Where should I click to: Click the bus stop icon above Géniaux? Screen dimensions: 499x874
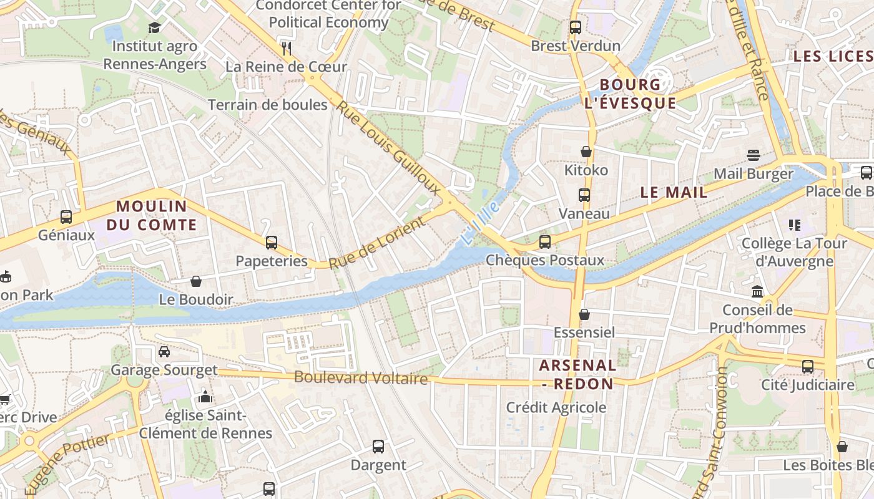pos(66,217)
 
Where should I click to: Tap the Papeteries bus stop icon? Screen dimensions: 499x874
pos(272,243)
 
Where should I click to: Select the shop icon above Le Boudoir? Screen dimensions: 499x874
pos(196,281)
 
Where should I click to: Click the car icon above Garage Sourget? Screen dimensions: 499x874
pos(164,352)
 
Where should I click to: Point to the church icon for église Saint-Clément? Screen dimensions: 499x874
pos(205,397)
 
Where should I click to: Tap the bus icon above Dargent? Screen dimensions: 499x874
pos(378,447)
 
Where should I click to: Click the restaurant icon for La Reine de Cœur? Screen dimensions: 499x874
pos(287,48)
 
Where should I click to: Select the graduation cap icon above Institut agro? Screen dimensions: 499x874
pos(154,27)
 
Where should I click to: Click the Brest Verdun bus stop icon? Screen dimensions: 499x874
pos(576,27)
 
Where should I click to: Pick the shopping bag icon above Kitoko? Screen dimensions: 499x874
pos(586,152)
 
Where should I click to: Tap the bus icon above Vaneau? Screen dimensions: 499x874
pos(584,195)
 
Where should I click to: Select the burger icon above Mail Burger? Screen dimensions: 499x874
pos(754,155)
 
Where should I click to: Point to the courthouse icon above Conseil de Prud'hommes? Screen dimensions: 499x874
pos(757,291)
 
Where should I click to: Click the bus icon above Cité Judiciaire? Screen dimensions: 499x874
pos(808,366)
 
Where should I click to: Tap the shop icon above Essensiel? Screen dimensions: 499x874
pos(584,314)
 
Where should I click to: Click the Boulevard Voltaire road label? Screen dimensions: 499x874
pos(361,378)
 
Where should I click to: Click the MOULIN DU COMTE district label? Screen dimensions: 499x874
pos(152,215)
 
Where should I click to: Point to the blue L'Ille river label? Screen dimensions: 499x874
pos(481,221)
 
